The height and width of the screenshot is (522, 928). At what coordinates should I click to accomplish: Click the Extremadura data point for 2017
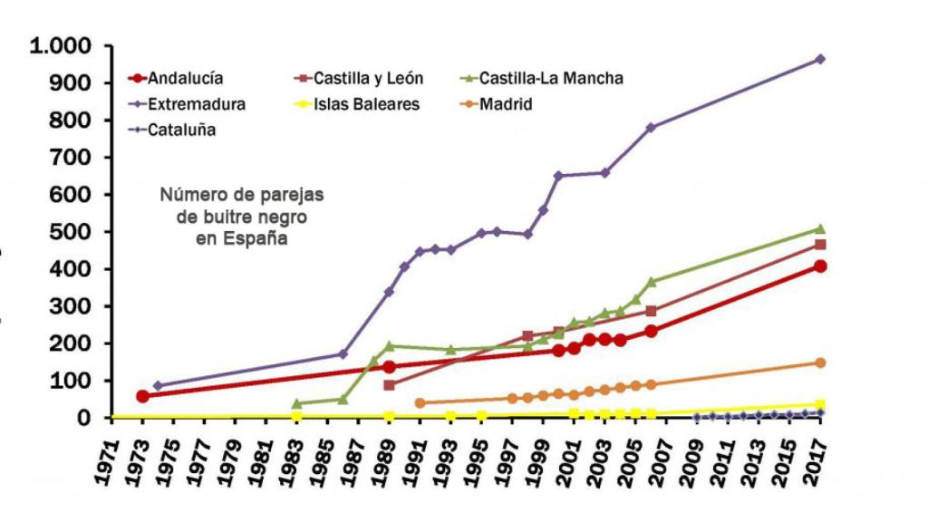pyautogui.click(x=820, y=59)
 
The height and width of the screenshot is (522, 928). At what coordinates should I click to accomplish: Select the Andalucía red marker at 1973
pyautogui.click(x=142, y=396)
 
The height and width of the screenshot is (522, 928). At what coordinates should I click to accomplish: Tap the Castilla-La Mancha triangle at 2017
pyautogui.click(x=820, y=228)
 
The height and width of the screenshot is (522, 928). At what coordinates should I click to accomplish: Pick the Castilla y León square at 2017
pyautogui.click(x=820, y=245)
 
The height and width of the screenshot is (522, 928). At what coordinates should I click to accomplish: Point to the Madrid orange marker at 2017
pyautogui.click(x=820, y=362)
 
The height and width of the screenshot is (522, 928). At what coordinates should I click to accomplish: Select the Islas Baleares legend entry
pyautogui.click(x=372, y=104)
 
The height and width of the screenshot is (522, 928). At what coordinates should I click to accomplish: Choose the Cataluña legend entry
pyautogui.click(x=181, y=130)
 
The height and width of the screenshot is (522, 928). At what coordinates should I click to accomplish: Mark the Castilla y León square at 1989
pyautogui.click(x=389, y=385)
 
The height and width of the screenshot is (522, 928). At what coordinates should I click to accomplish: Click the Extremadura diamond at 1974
pyautogui.click(x=158, y=386)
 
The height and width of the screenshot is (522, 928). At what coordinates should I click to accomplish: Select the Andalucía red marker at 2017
pyautogui.click(x=820, y=266)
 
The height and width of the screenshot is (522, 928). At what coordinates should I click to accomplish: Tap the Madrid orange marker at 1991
pyautogui.click(x=420, y=402)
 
